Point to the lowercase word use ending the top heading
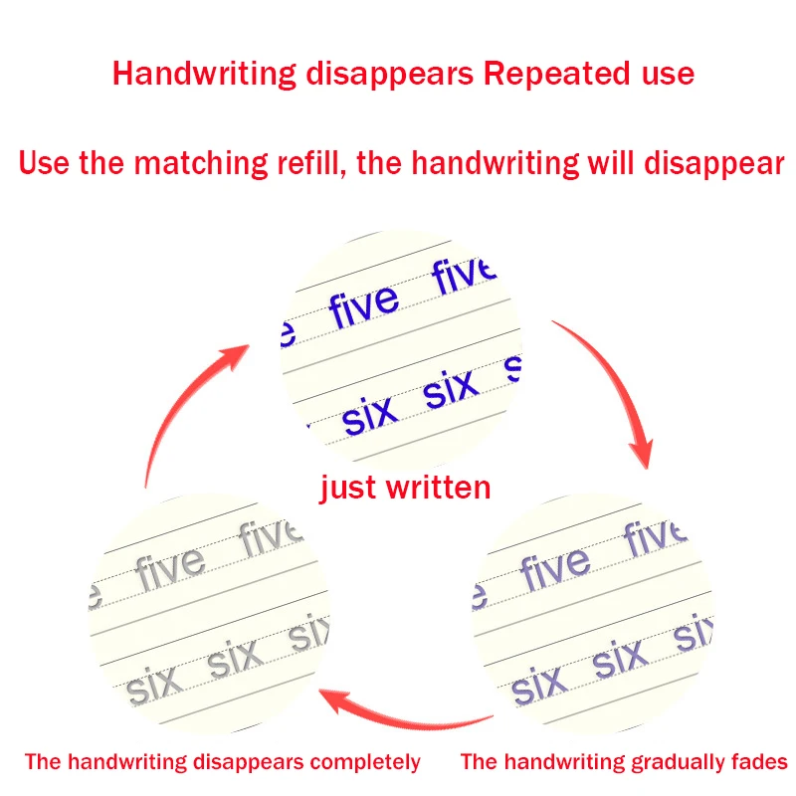point(667,74)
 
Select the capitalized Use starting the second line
point(44,163)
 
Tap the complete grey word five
point(170,566)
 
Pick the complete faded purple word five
point(554,566)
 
